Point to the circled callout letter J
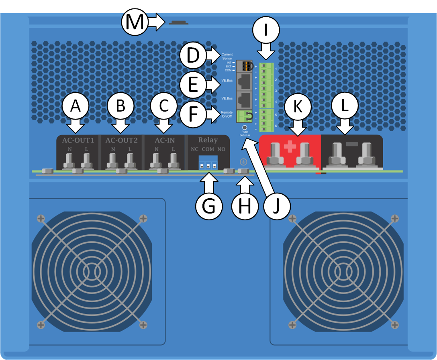(277, 206)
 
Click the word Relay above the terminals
(208, 140)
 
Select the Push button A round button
(243, 127)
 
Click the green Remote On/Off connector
(244, 116)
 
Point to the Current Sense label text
(227, 56)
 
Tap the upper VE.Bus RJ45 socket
(244, 81)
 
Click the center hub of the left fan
(92, 272)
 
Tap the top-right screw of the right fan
(395, 218)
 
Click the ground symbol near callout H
(243, 162)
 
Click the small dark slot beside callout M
(178, 23)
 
